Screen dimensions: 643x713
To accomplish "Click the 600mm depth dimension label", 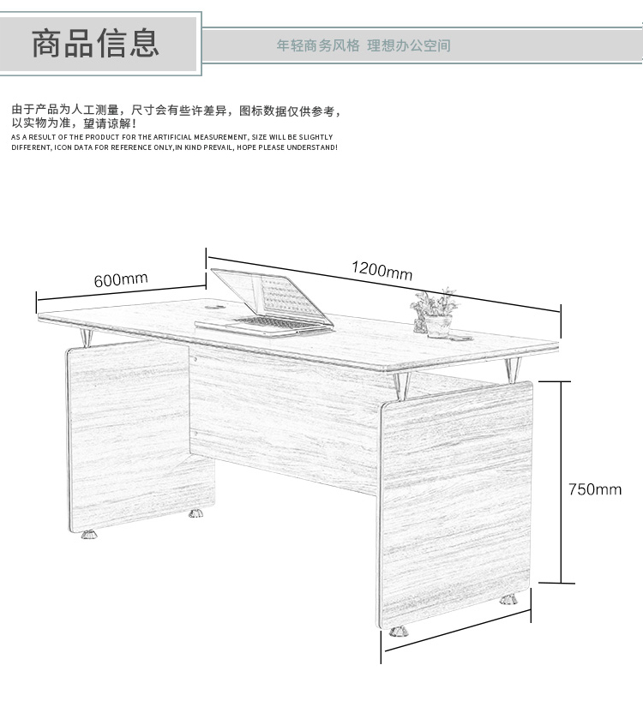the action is coord(121,279).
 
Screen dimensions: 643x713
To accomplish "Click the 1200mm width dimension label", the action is coord(382,270).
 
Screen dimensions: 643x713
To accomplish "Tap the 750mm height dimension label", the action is coord(595,489).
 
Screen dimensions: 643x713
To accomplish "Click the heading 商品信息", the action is coord(95,44).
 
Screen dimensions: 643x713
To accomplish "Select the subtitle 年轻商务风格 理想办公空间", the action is coord(364,45).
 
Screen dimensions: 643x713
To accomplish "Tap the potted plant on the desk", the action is coord(435,313).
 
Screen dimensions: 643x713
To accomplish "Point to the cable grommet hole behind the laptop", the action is coord(215,307).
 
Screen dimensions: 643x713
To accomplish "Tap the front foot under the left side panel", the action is coord(90,534).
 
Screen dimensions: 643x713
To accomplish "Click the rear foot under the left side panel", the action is coord(196,513).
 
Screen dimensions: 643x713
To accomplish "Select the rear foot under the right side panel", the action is coord(508,600).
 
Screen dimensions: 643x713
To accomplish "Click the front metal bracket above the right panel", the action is coord(402,386).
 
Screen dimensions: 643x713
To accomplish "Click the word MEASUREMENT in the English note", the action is coord(220,137).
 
